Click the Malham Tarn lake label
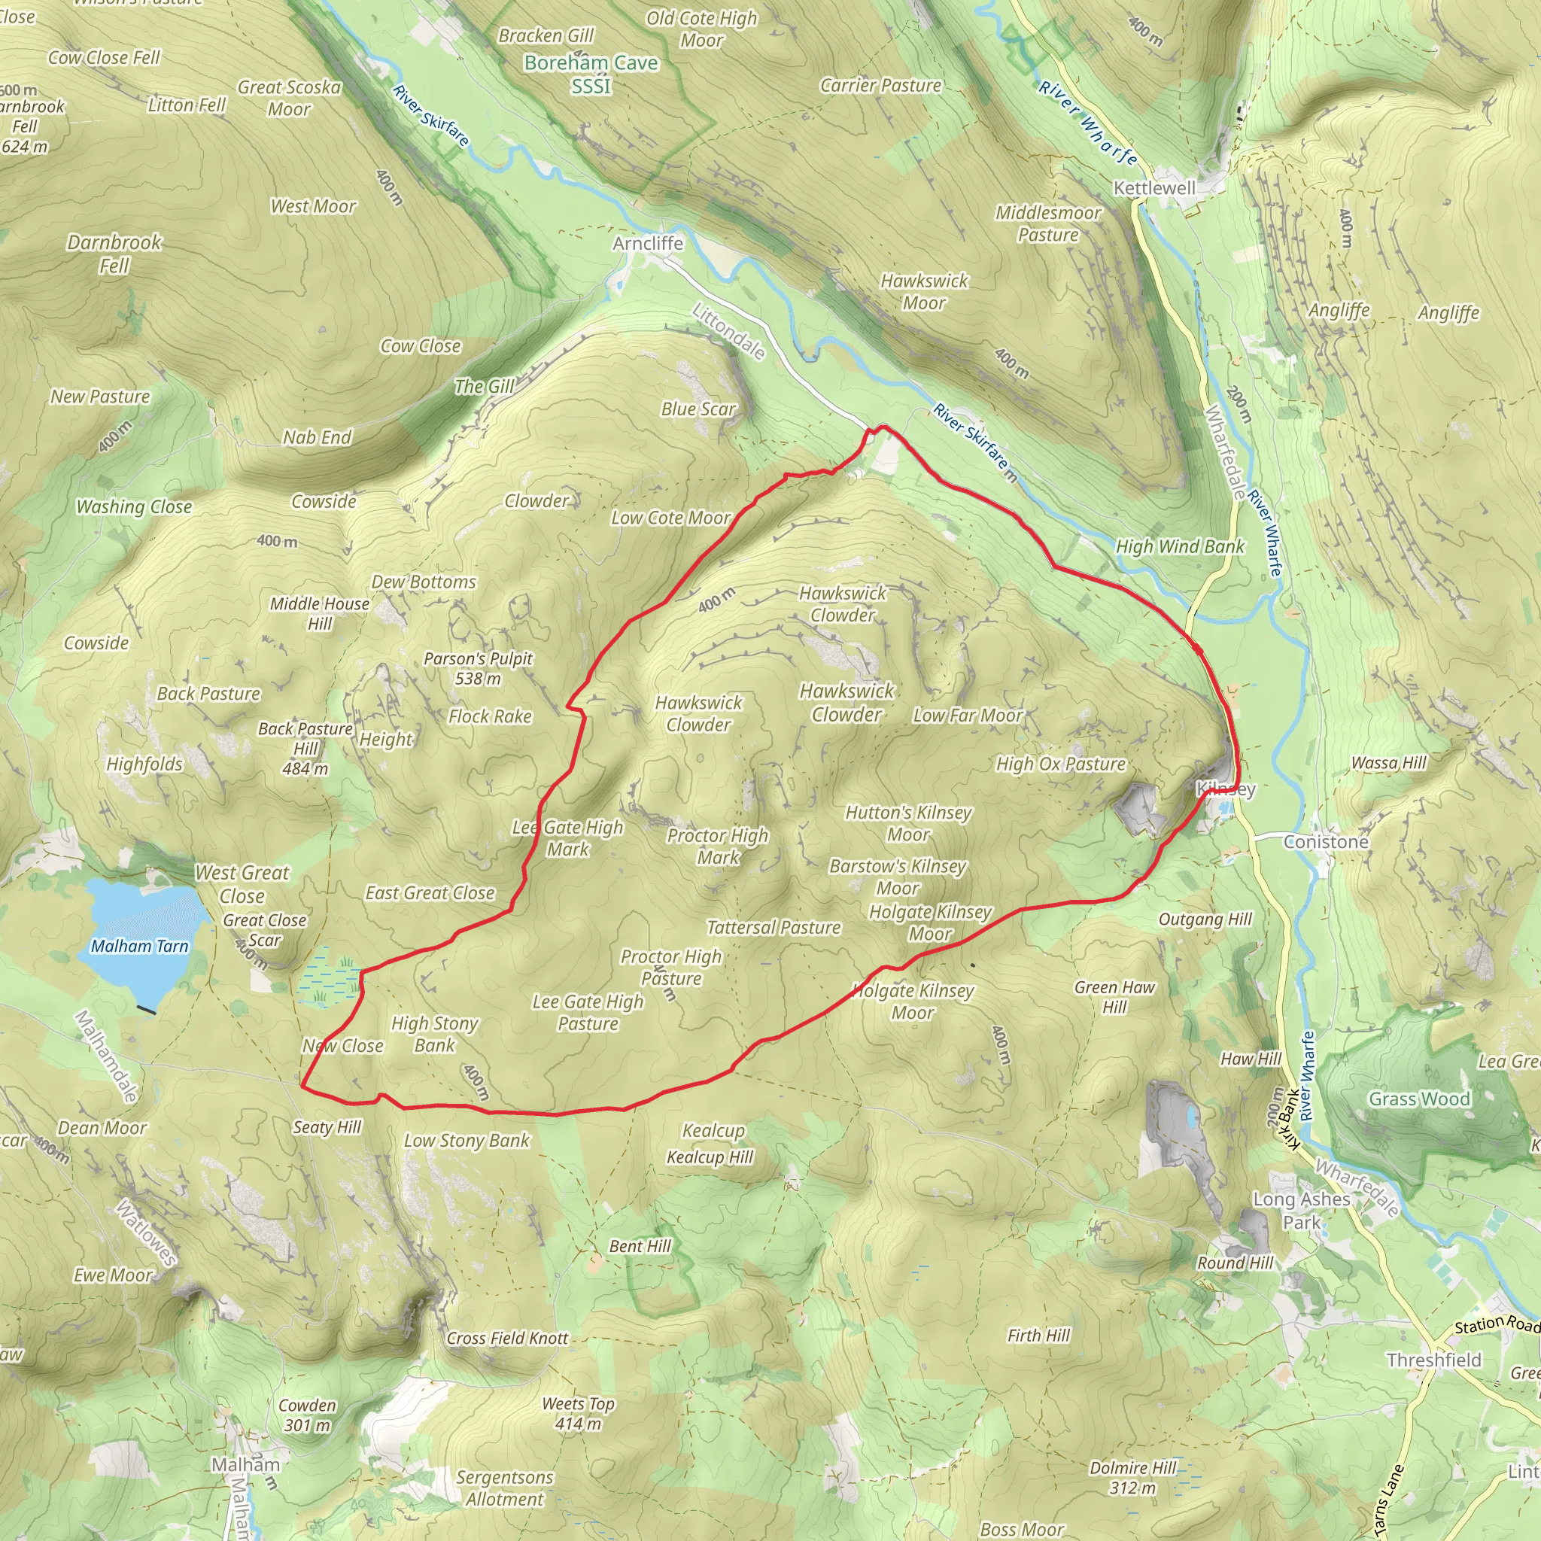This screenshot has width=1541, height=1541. point(140,946)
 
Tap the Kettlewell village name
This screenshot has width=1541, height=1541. point(1154,188)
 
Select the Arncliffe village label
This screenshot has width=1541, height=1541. point(648,243)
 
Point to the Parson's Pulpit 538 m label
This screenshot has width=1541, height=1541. point(478,668)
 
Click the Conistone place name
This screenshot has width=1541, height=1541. point(1326,841)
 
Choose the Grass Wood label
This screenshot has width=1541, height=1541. point(1419,1099)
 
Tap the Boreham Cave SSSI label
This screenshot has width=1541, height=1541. point(591,74)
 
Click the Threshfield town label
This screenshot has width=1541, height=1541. point(1433,1360)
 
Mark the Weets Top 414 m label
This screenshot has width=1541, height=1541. point(579,1413)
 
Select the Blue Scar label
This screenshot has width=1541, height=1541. point(698,409)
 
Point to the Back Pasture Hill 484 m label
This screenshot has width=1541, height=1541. point(305,748)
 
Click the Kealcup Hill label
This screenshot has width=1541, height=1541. point(710,1157)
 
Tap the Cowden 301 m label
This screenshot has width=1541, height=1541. point(307,1415)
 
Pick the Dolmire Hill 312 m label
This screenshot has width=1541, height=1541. point(1132,1478)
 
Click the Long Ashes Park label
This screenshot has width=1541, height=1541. point(1302,1210)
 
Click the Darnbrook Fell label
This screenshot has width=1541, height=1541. point(114,254)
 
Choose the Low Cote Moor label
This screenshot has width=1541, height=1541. point(670,518)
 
